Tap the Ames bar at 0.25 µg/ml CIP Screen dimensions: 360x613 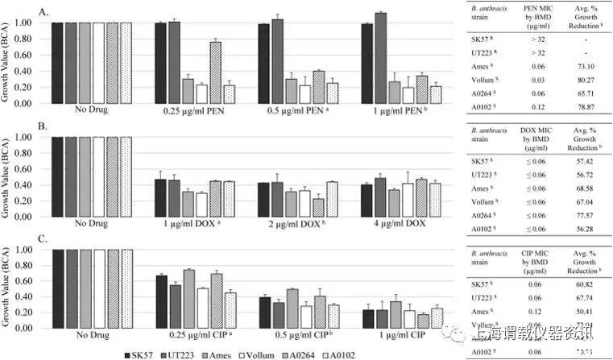point(188,297)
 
